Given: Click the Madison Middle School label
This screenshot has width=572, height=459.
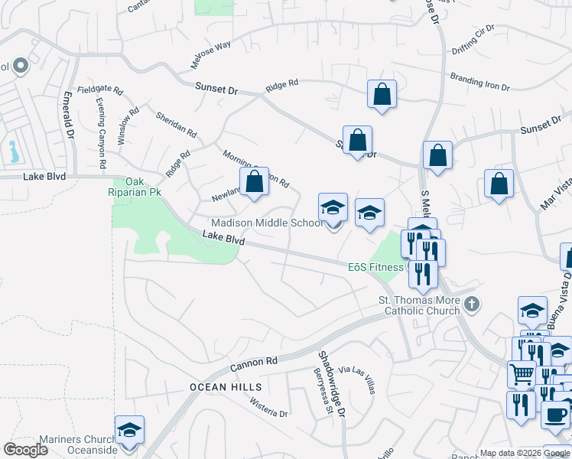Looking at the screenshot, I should tap(267, 223).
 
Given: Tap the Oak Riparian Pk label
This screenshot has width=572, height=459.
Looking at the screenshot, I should tap(138, 187).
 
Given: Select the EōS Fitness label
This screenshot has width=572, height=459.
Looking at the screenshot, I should tap(375, 267).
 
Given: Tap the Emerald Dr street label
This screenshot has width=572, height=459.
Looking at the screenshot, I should tap(69, 114).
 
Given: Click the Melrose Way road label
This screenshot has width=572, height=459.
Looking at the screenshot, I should tap(212, 46).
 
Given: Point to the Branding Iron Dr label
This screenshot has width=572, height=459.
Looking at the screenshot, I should tap(479, 82).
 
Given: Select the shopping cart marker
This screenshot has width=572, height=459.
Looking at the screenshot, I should tap(522, 374).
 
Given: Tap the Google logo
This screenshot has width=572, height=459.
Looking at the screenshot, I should tap(25, 449).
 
